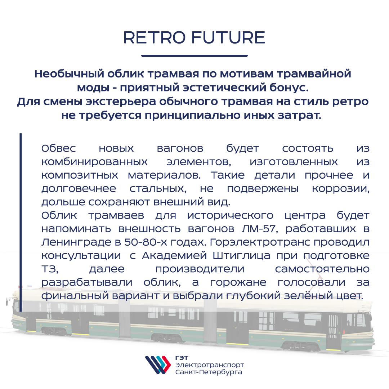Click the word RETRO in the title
click(154, 37)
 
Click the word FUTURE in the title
click(228, 37)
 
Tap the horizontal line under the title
click(194, 55)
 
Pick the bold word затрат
click(299, 115)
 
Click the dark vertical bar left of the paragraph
click(21, 222)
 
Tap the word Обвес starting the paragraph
click(59, 148)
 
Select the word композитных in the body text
click(80, 175)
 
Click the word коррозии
click(341, 189)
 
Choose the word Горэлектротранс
click(260, 242)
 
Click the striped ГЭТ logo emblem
click(158, 365)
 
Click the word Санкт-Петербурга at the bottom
click(209, 372)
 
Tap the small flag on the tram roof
click(29, 286)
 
